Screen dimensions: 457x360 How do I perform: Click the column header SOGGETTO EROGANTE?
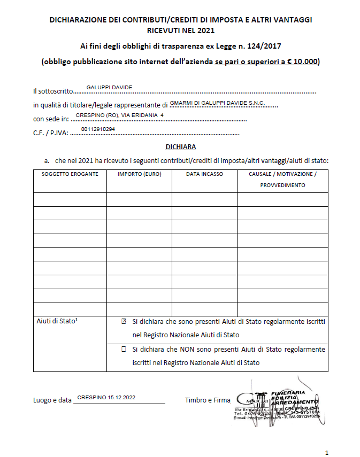[70, 174]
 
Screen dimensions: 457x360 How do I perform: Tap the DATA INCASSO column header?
[204, 174]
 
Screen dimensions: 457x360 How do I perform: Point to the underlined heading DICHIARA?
[181, 146]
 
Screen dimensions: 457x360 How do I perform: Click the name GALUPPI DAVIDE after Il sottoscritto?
[109, 88]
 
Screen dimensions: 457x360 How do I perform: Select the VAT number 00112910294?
[98, 129]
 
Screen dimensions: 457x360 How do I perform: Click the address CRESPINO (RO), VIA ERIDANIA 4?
[120, 115]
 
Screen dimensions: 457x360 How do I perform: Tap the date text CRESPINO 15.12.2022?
[106, 398]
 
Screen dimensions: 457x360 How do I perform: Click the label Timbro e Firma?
[207, 400]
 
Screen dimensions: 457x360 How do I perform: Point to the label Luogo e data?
[52, 400]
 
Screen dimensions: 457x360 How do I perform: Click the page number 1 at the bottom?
[327, 452]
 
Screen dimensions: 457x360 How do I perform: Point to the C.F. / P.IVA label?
[50, 134]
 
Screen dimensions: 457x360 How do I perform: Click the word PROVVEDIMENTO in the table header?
[282, 185]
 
